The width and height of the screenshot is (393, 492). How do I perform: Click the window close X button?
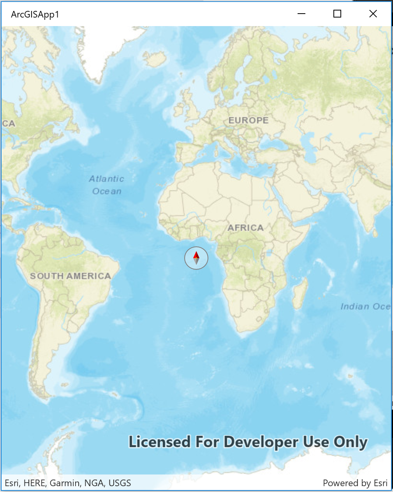pyautogui.click(x=373, y=14)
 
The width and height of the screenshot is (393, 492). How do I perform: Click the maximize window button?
pyautogui.click(x=337, y=14)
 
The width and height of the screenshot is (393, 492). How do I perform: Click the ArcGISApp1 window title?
pyautogui.click(x=35, y=15)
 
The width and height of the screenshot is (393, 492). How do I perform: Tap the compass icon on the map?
pyautogui.click(x=196, y=258)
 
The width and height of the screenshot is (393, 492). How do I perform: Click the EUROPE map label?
pyautogui.click(x=248, y=120)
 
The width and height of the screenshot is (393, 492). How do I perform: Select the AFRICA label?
pyautogui.click(x=245, y=228)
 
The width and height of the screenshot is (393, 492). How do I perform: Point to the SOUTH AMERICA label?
pyautogui.click(x=70, y=276)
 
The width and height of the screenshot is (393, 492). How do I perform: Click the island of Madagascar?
pyautogui.click(x=300, y=292)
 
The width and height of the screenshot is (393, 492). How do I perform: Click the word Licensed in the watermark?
pyautogui.click(x=160, y=442)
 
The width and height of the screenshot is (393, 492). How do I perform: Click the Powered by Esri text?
pyautogui.click(x=355, y=483)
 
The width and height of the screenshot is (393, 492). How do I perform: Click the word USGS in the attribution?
pyautogui.click(x=120, y=483)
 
